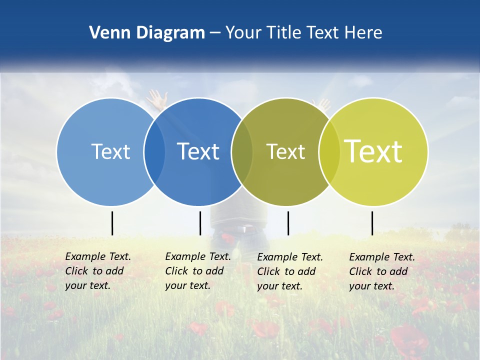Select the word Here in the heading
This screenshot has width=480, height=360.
pyautogui.click(x=363, y=33)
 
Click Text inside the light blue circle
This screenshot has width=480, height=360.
pyautogui.click(x=110, y=151)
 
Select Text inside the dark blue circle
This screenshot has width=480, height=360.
pyautogui.click(x=198, y=151)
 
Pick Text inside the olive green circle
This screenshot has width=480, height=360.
pyautogui.click(x=285, y=151)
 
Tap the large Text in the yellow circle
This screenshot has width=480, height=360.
pyautogui.click(x=373, y=151)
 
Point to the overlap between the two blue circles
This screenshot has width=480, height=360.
pyautogui.click(x=154, y=151)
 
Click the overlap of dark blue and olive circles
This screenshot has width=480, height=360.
pyautogui.click(x=242, y=151)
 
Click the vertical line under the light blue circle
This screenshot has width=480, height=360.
pyautogui.click(x=112, y=223)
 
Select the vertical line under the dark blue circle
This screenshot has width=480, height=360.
pyautogui.click(x=200, y=223)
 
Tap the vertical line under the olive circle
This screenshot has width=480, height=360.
pyautogui.click(x=288, y=223)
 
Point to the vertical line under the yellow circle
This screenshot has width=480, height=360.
pyautogui.click(x=372, y=223)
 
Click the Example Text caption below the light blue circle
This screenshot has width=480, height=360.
pyautogui.click(x=97, y=271)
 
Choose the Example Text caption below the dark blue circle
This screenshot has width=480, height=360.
pyautogui.click(x=197, y=271)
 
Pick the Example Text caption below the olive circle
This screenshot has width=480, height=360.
pyautogui.click(x=289, y=271)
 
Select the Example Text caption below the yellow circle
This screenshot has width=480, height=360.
pyautogui.click(x=381, y=271)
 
